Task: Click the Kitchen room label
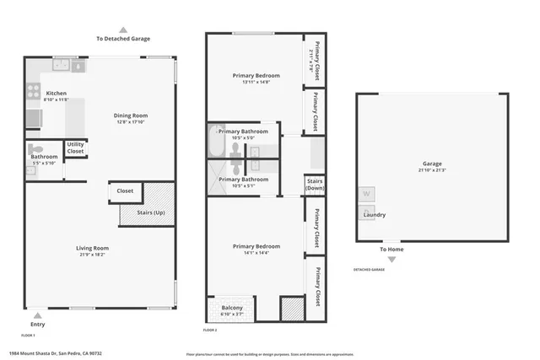pyautogui.click(x=56, y=94)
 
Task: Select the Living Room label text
pyautogui.click(x=92, y=248)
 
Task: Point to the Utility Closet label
pyautogui.click(x=75, y=148)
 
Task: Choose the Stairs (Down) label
pyautogui.click(x=315, y=184)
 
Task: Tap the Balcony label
pyautogui.click(x=232, y=308)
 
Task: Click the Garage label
pyautogui.click(x=432, y=164)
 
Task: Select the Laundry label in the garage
pyautogui.click(x=374, y=215)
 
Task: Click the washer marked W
pyautogui.click(x=367, y=194)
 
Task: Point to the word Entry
pyautogui.click(x=38, y=324)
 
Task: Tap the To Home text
pyautogui.click(x=391, y=250)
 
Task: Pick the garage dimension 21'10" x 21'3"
pyautogui.click(x=432, y=170)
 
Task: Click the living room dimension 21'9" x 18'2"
pyautogui.click(x=92, y=255)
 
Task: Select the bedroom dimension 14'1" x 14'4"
pyautogui.click(x=256, y=254)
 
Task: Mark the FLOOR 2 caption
pyautogui.click(x=210, y=330)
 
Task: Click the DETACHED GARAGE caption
pyautogui.click(x=369, y=270)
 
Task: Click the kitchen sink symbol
pyautogui.click(x=62, y=64)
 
